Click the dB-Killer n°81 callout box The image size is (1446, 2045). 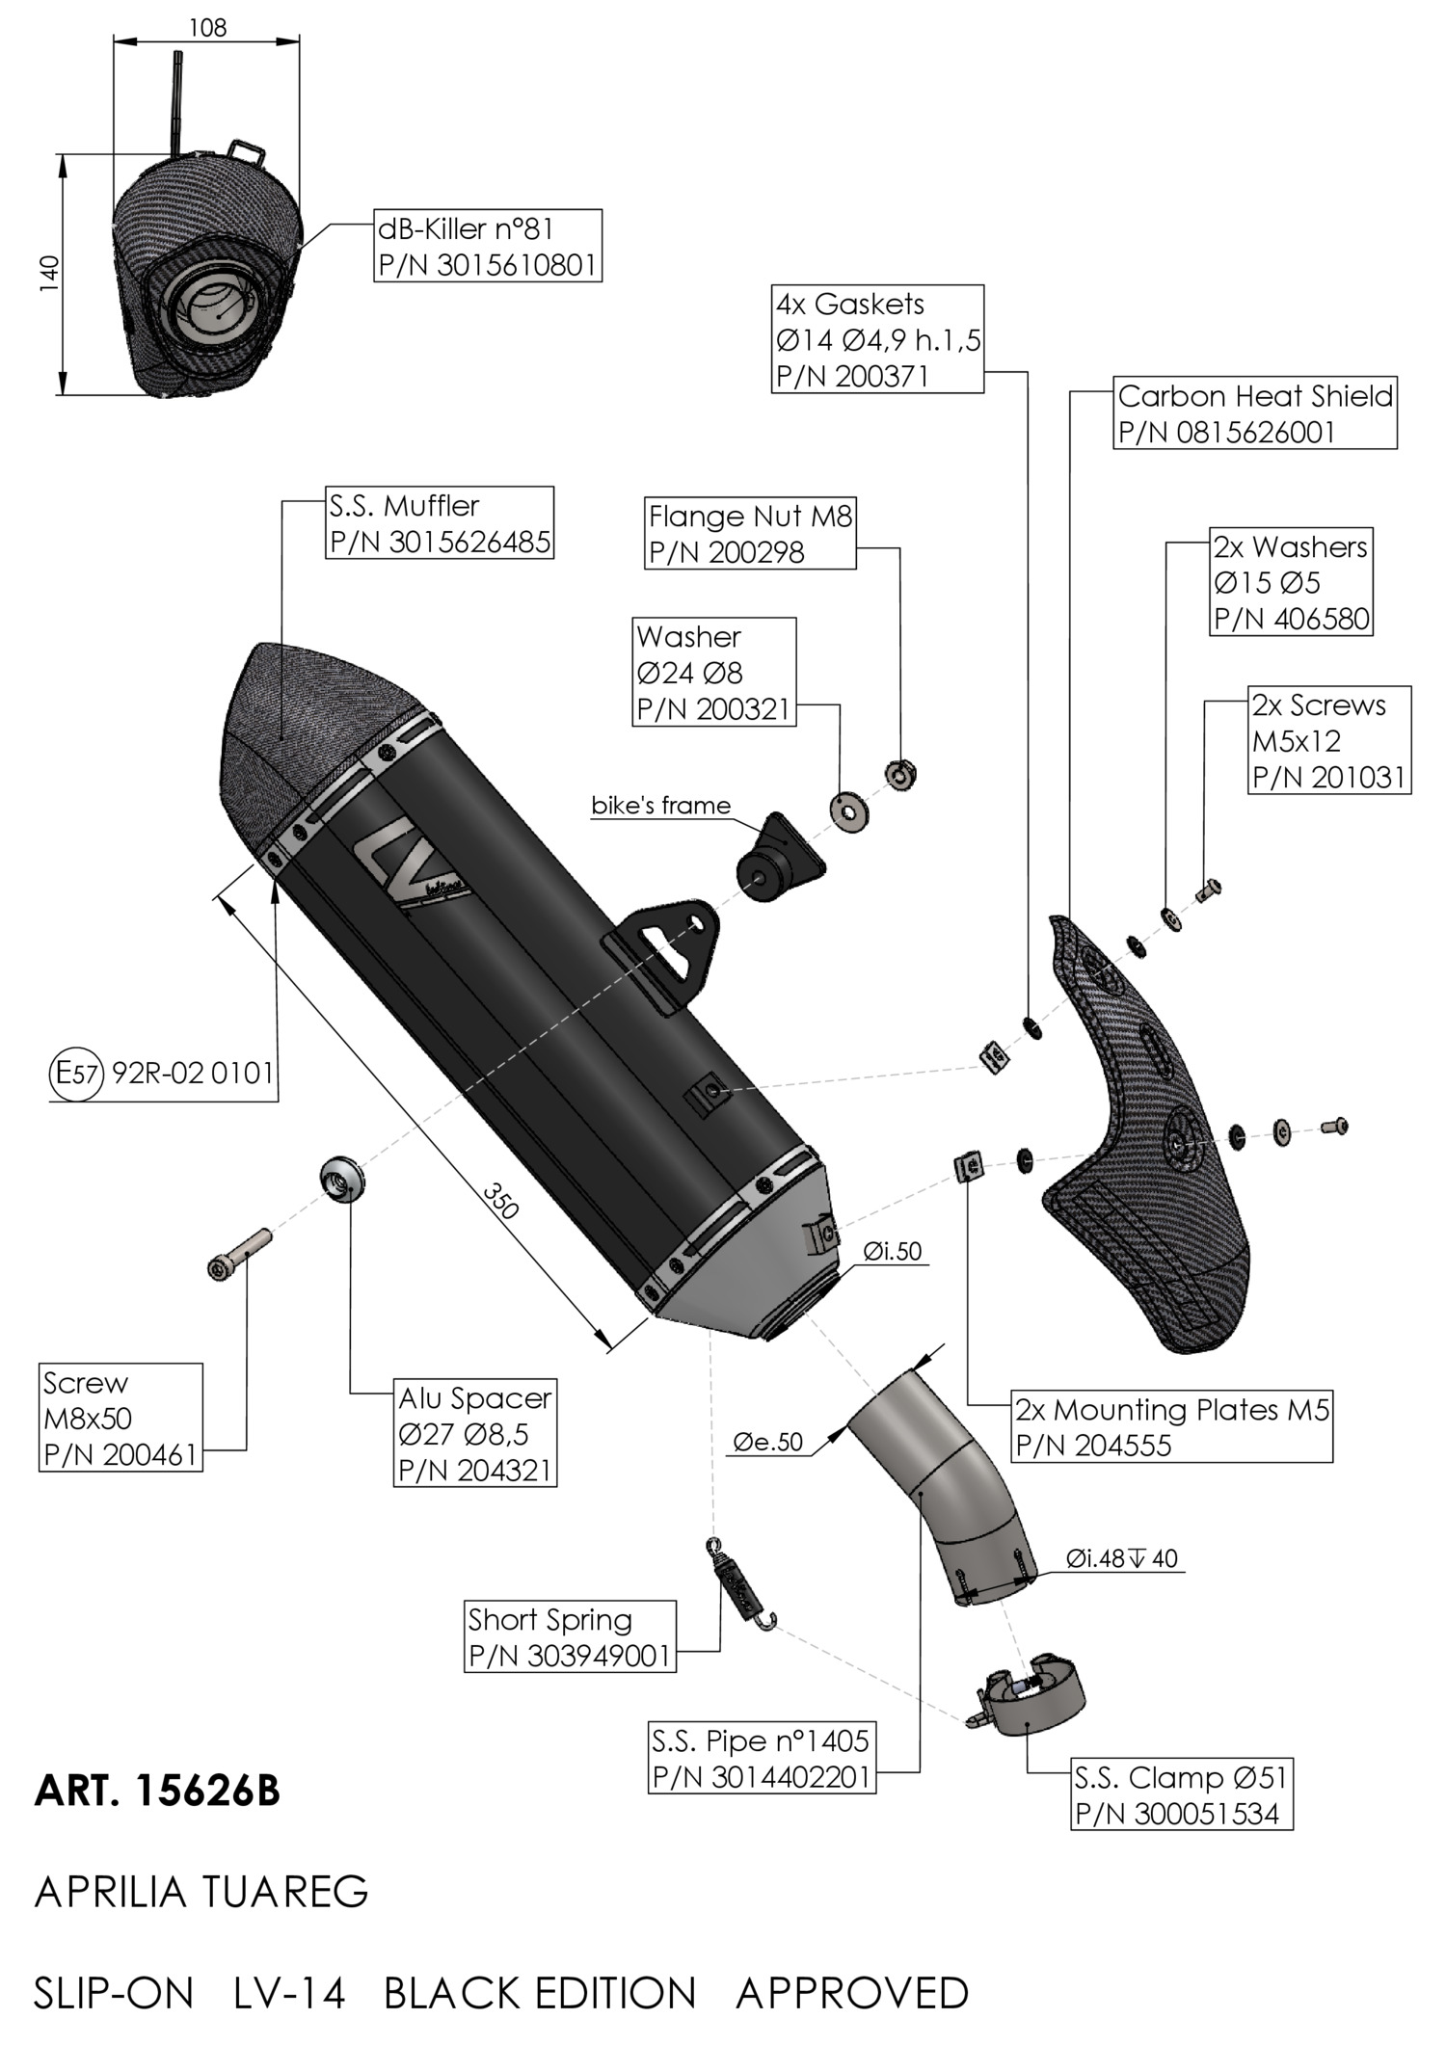click(x=488, y=246)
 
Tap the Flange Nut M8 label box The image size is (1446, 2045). click(x=750, y=534)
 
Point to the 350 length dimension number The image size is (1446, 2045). click(x=501, y=1203)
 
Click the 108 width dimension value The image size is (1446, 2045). click(x=206, y=28)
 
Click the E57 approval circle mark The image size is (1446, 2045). click(x=75, y=1073)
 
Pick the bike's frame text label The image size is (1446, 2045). click(x=661, y=806)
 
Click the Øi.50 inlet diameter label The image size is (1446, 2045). click(x=892, y=1252)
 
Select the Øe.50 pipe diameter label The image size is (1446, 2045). click(x=767, y=1442)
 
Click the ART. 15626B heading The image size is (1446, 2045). click(x=157, y=1791)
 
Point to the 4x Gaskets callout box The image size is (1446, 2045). click(x=878, y=339)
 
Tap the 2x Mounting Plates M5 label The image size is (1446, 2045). click(x=1171, y=1427)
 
